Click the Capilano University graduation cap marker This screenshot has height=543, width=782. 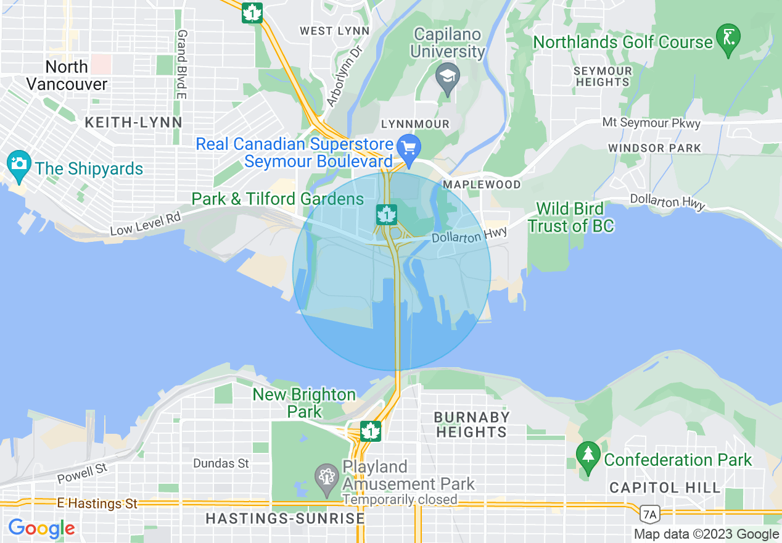click(x=447, y=78)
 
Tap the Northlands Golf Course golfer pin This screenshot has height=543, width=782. click(x=728, y=39)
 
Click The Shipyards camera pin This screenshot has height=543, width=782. click(x=19, y=165)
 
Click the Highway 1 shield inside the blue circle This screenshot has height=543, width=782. click(x=386, y=214)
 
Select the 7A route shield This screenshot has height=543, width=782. click(x=649, y=513)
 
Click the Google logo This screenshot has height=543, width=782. click(x=41, y=528)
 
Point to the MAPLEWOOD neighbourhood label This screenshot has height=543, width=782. click(x=482, y=184)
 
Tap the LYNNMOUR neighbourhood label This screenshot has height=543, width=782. click(x=415, y=124)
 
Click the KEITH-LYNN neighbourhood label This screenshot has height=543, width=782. click(x=134, y=123)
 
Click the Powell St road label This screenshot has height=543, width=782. click(x=82, y=474)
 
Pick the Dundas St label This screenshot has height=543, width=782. click(x=221, y=463)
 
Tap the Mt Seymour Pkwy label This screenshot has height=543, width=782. click(x=651, y=123)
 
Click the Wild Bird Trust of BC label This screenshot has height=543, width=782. click(x=570, y=217)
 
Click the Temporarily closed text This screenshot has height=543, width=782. click(x=400, y=499)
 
